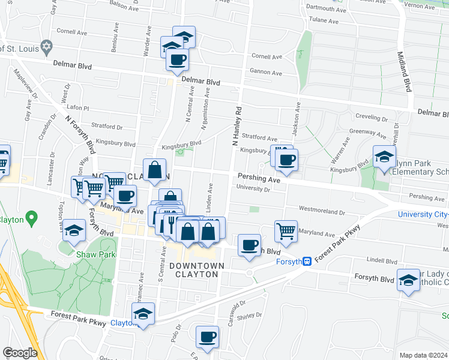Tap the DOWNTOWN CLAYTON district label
(x=197, y=269)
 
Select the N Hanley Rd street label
(x=238, y=127)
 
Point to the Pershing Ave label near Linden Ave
(x=259, y=179)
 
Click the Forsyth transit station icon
(x=307, y=261)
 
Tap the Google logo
(x=19, y=353)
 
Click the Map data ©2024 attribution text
(x=423, y=355)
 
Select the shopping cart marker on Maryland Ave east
(x=286, y=230)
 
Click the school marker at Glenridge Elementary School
(x=384, y=157)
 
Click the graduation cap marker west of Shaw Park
(x=74, y=230)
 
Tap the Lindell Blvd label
(x=382, y=261)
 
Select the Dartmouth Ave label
(x=327, y=8)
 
